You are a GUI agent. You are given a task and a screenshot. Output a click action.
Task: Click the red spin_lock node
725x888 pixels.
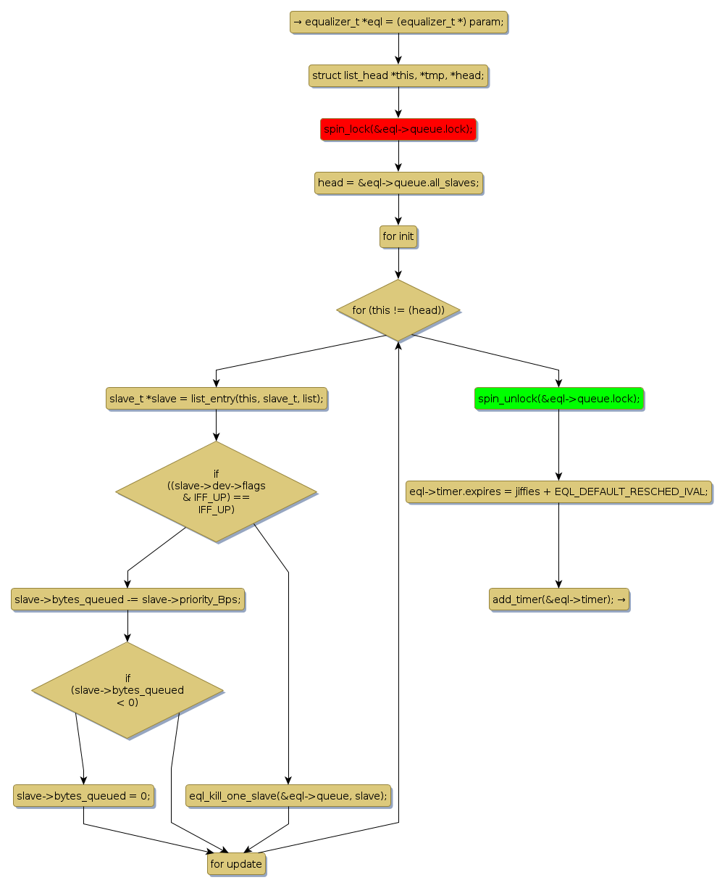[x=398, y=129]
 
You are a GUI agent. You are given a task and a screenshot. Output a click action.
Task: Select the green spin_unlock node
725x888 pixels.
[x=558, y=399]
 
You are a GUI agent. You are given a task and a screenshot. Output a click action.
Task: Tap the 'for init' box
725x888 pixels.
[x=398, y=236]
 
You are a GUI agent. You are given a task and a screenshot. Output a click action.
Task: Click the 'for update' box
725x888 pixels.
[x=236, y=864]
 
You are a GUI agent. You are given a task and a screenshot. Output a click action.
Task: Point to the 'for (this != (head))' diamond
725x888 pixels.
[x=398, y=310]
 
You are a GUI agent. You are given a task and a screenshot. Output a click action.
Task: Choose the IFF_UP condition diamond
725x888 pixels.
[x=216, y=491]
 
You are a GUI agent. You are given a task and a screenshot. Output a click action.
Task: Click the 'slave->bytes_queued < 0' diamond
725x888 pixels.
[x=127, y=690]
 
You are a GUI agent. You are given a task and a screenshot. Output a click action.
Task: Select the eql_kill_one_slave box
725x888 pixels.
[x=288, y=795]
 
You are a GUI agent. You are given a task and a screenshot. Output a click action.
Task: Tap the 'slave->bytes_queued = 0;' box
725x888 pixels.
[x=83, y=795]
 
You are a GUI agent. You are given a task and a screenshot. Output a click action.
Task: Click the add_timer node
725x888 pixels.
[x=558, y=599]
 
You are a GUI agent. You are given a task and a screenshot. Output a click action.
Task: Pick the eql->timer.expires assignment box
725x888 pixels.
[x=558, y=491]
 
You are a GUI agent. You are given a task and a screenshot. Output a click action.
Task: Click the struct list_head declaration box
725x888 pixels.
[x=398, y=75]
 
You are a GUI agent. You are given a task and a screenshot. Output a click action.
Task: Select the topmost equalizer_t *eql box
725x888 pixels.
[x=398, y=22]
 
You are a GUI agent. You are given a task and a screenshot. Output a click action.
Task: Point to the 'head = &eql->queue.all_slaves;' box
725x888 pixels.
[x=398, y=183]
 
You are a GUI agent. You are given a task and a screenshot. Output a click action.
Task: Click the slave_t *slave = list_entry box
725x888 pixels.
[x=216, y=399]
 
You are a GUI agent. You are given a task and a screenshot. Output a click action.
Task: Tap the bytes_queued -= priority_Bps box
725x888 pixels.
[x=127, y=599]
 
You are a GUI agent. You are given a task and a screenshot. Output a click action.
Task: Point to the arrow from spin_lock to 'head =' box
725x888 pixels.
[x=398, y=156]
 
